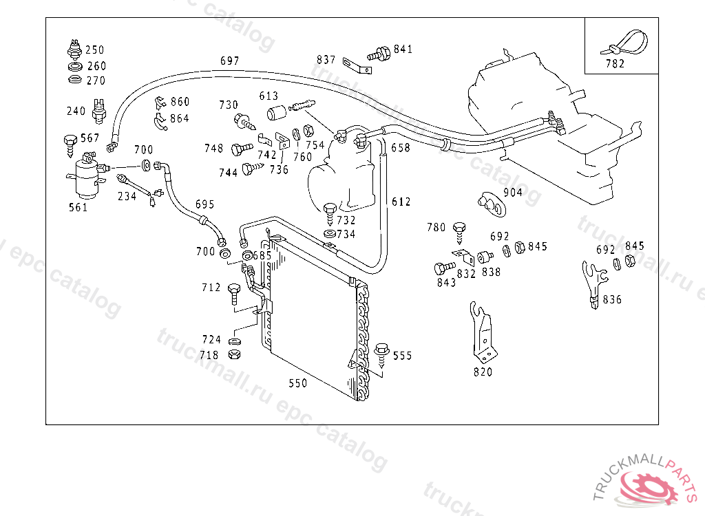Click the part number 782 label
pyautogui.click(x=615, y=64)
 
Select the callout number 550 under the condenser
pyautogui.click(x=297, y=383)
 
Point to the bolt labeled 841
pyautogui.click(x=379, y=54)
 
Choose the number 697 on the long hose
pyautogui.click(x=230, y=61)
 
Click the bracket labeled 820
pyautogui.click(x=483, y=332)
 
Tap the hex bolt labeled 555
pyautogui.click(x=381, y=356)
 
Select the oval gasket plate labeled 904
pyautogui.click(x=491, y=204)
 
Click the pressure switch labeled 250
pyautogui.click(x=74, y=50)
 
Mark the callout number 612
pyautogui.click(x=401, y=202)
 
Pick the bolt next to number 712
pyautogui.click(x=234, y=294)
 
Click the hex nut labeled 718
pyautogui.click(x=234, y=354)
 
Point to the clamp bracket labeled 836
pyautogui.click(x=594, y=284)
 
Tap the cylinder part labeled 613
pyautogui.click(x=276, y=112)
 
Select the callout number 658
pyautogui.click(x=401, y=148)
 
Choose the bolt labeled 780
pyautogui.click(x=459, y=233)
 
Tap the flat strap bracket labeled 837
pyautogui.click(x=357, y=65)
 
